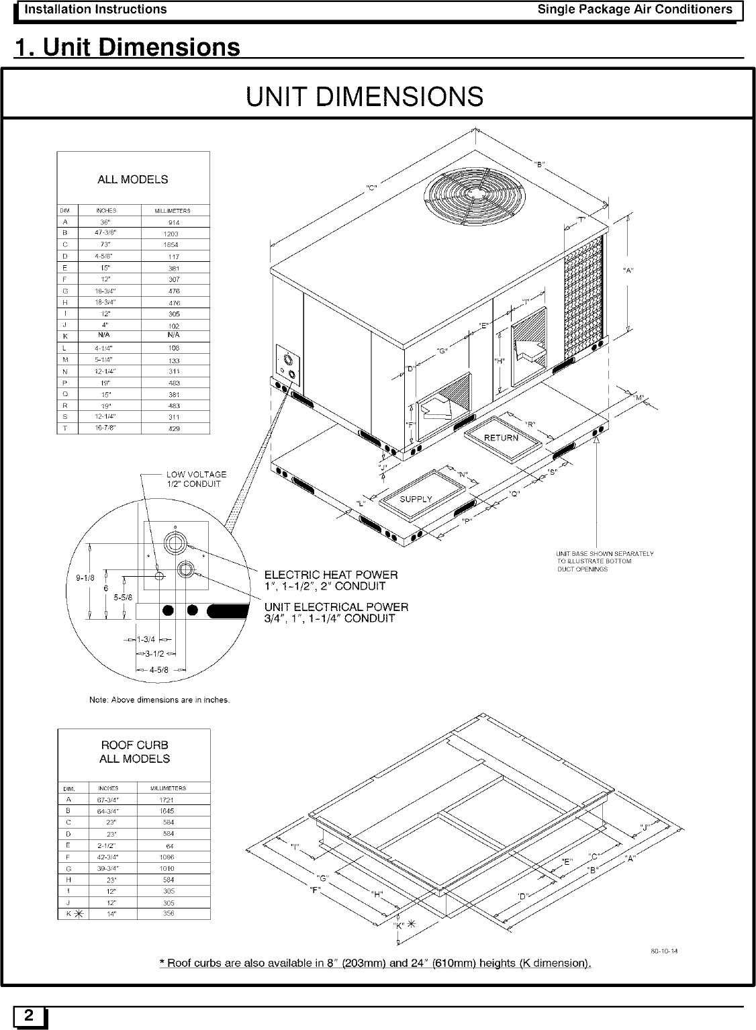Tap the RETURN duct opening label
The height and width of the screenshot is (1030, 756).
(x=502, y=438)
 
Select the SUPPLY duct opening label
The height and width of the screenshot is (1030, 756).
(x=416, y=499)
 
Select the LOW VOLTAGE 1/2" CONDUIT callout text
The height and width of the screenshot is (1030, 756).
(x=196, y=479)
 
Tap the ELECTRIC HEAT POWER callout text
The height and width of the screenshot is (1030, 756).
(x=330, y=580)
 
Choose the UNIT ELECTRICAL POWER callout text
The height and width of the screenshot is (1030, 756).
(x=336, y=612)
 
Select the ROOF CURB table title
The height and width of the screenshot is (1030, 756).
(x=134, y=752)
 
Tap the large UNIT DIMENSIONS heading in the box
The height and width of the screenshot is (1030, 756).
(x=365, y=97)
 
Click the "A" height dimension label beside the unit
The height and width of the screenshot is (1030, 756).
(x=629, y=271)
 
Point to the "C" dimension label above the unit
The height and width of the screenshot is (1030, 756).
(x=371, y=187)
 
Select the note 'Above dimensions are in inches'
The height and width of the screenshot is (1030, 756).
(x=159, y=700)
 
